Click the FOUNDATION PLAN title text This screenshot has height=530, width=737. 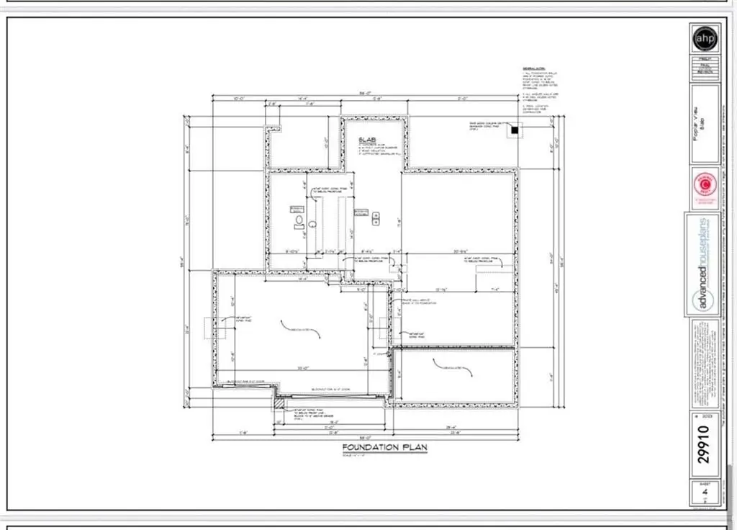pos(384,447)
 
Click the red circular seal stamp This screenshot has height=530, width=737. pos(704,186)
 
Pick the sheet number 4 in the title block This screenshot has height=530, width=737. pos(705,493)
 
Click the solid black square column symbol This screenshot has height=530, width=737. pos(515,130)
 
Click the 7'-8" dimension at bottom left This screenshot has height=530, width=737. pos(225,432)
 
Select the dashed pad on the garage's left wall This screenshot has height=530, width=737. pos(208,328)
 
